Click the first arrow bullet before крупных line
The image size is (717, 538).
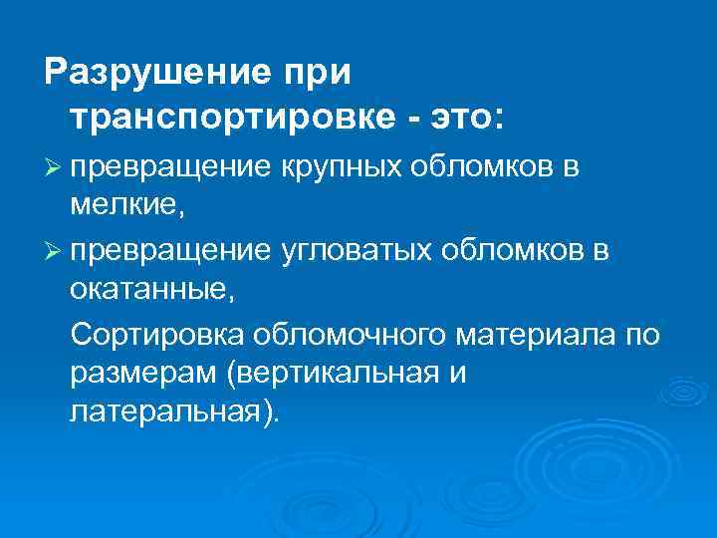(55, 169)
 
